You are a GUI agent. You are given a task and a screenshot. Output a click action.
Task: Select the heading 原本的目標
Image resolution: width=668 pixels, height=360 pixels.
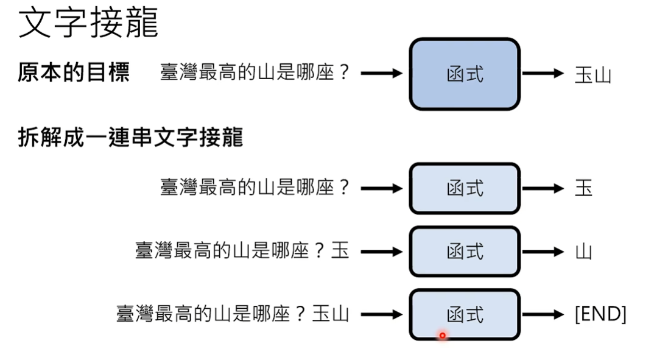pos(74,74)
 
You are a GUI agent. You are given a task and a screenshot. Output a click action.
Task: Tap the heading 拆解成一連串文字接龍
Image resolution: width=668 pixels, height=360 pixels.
pos(130,138)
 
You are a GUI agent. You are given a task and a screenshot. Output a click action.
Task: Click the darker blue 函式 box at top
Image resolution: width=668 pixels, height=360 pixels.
pos(465,74)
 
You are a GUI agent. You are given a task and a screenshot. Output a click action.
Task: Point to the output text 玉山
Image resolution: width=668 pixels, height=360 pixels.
pos(592,75)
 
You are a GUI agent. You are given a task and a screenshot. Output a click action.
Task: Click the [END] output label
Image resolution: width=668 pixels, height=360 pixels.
pos(600,314)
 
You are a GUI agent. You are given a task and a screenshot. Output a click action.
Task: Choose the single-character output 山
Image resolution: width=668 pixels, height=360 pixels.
pos(583,252)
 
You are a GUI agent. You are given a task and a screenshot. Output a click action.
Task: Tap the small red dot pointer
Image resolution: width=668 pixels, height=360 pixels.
pos(442,335)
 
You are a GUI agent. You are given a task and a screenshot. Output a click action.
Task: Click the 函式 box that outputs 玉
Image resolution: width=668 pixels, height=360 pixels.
pos(465,188)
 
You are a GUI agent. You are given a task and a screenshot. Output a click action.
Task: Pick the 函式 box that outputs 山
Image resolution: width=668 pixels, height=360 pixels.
pos(465,251)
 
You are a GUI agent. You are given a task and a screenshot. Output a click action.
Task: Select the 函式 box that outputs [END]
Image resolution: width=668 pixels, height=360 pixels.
pos(465,314)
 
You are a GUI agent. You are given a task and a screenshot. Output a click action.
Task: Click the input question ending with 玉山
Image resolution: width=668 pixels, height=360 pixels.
pos(233,314)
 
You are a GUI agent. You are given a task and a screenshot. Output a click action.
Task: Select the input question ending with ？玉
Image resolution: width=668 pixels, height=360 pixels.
pos(242,251)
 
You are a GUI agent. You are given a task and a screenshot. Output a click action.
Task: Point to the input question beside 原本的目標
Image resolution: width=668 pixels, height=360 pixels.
pos(256,74)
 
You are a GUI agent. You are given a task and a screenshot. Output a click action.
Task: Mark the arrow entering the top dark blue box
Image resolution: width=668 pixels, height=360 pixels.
pos(382,74)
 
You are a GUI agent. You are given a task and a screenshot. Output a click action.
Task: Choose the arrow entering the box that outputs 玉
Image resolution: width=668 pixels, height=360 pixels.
pos(382,188)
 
